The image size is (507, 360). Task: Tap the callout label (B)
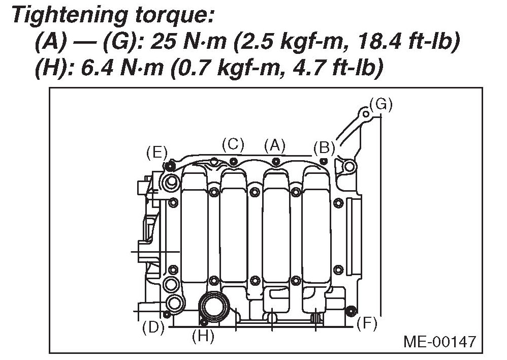[324, 148]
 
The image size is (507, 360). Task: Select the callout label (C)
[233, 144]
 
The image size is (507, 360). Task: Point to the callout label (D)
[153, 327]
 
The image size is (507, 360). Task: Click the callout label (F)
[366, 323]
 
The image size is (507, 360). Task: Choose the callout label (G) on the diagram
[381, 104]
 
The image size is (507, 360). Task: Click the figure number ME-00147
[440, 341]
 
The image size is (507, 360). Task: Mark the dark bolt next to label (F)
[349, 310]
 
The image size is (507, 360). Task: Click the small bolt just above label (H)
[204, 321]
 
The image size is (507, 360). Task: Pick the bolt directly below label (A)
[275, 162]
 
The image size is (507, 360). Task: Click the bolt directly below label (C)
[233, 161]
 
